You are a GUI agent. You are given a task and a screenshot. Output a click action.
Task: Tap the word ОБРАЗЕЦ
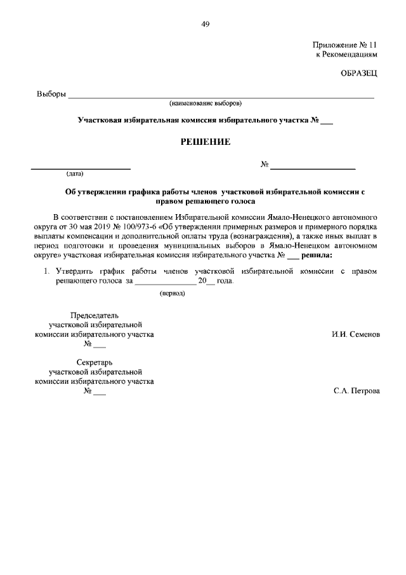(360, 74)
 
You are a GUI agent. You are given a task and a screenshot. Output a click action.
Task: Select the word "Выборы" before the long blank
(51, 95)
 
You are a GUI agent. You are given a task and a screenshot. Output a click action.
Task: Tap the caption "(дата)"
(75, 173)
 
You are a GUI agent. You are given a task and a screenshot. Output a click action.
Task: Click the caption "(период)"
(171, 293)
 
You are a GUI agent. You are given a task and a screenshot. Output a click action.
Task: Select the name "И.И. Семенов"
(356, 334)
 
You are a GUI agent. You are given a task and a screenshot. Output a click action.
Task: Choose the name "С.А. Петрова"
(357, 391)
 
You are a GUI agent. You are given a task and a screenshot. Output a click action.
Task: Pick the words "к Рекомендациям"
(347, 55)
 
